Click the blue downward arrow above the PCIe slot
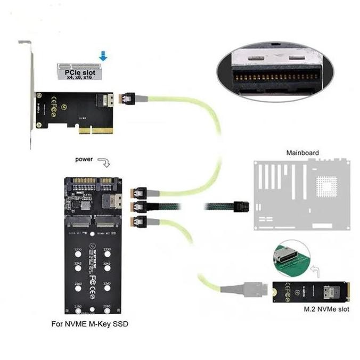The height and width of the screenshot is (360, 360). (103, 55)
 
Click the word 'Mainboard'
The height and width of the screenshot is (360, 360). (302, 153)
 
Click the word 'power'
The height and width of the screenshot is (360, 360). (85, 159)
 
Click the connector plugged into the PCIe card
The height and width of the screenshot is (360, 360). (128, 99)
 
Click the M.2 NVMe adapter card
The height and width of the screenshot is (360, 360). (311, 291)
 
